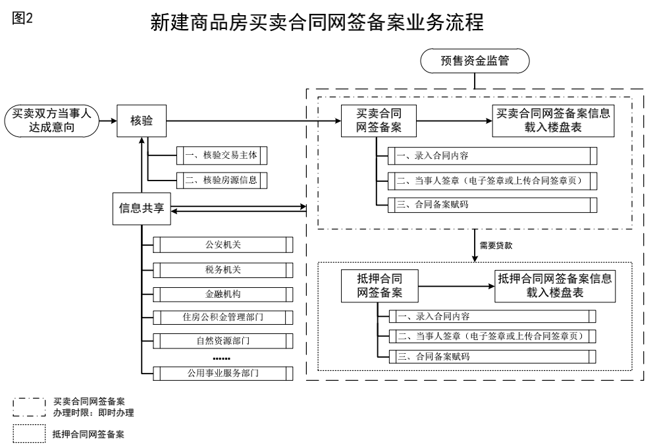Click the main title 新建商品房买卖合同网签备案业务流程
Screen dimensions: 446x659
click(317, 23)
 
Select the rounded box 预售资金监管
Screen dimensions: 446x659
click(475, 62)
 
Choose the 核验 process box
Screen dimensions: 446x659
click(142, 121)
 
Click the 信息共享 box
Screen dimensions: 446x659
click(142, 208)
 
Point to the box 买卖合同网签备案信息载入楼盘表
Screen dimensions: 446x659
click(552, 121)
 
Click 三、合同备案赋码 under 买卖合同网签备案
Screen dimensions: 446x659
click(492, 205)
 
